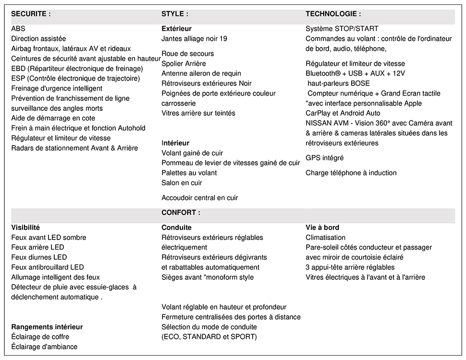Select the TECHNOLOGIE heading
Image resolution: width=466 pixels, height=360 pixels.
tap(333, 14)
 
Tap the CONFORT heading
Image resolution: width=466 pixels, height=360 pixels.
tap(181, 212)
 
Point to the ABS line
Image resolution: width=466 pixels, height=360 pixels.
tap(18, 29)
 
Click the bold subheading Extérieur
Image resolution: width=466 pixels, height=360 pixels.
tap(176, 29)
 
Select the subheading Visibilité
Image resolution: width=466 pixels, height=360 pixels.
tap(25, 228)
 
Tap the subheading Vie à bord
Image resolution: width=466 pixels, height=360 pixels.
tap(322, 228)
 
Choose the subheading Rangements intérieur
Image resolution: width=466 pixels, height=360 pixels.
tap(47, 327)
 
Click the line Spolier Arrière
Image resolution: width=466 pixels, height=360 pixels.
tap(184, 64)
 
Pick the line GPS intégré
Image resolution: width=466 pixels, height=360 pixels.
tap(325, 158)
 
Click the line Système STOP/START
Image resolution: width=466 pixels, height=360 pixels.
tap(342, 29)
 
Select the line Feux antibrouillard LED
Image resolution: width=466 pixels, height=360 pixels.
tap(48, 267)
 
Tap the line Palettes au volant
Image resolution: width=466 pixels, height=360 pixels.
tap(189, 173)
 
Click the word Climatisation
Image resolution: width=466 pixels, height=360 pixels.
tap(326, 238)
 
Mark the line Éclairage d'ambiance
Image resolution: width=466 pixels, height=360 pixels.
tap(44, 347)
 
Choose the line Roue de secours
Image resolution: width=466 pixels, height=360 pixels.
tap(188, 54)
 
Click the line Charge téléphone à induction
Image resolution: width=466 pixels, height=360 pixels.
tap(351, 173)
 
